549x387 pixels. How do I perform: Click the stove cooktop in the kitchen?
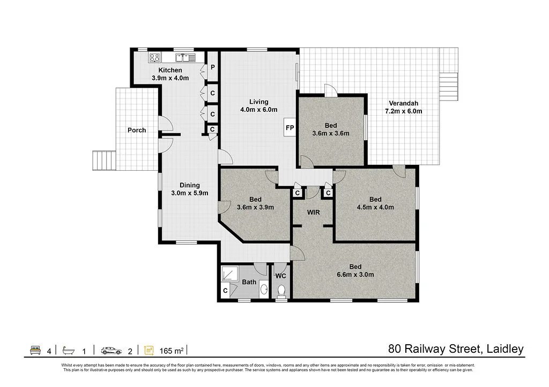coord(154,58)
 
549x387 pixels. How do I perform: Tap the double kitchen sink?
coord(185,58)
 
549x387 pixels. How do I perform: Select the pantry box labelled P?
coord(212,67)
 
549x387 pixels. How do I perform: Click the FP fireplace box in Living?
coord(290,127)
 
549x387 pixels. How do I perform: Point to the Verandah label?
coord(403,103)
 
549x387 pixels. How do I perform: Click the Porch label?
coord(137,130)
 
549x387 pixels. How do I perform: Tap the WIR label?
coord(313,212)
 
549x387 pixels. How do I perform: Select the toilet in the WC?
coord(281,291)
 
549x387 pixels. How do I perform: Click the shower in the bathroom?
coord(230,274)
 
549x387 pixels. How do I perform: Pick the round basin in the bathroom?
coord(264,290)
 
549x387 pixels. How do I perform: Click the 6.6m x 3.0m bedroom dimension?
coord(355,275)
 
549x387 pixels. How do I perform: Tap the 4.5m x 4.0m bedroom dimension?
coord(375,207)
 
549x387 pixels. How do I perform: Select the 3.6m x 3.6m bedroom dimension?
coord(331,133)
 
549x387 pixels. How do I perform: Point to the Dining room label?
coord(190,185)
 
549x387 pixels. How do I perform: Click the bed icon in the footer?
coord(35,350)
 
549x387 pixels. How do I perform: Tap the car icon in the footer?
coord(112,350)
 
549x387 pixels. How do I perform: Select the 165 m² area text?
coord(172,351)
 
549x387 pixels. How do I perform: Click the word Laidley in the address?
coord(505,349)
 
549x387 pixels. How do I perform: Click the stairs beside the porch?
coord(105,161)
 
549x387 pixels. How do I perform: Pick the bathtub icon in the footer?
coord(69,350)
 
